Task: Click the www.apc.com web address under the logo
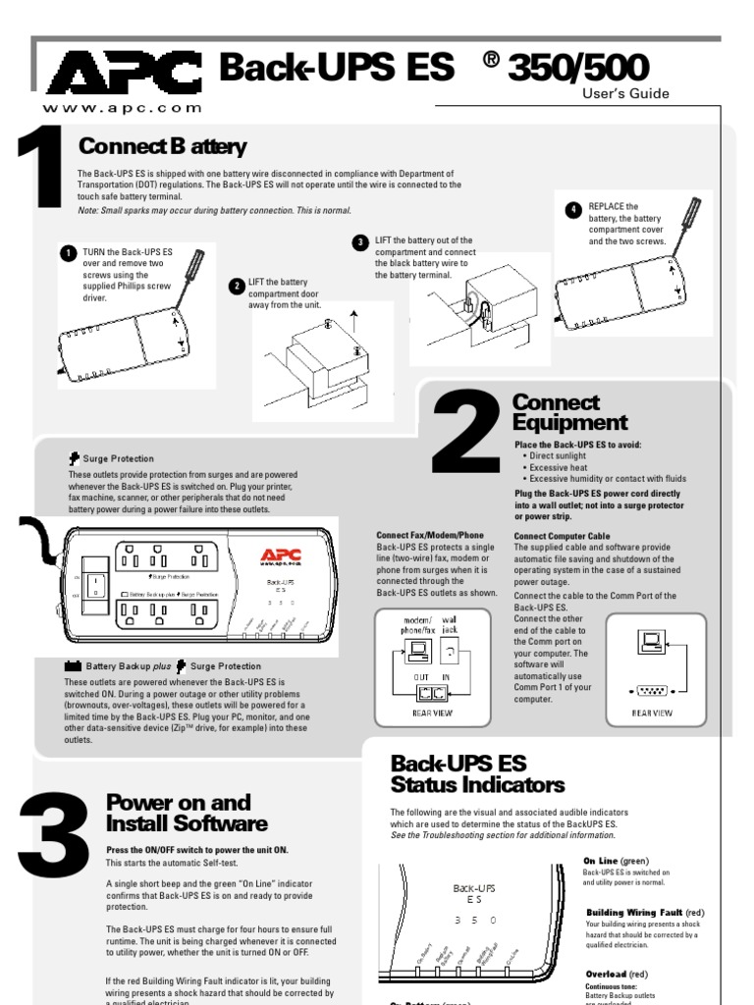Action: coord(123,108)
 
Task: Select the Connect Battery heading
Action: coord(162,147)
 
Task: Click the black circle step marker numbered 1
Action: coord(67,253)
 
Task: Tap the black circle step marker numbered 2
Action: coord(236,286)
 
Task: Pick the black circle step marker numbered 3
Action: coord(360,241)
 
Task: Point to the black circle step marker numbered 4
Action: coord(573,210)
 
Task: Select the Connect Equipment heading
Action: coord(569,413)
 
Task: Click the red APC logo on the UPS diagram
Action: coord(280,556)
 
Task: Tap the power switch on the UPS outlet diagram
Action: coord(93,586)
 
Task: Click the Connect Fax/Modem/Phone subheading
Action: coord(430,536)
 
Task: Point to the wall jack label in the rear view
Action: coord(449,624)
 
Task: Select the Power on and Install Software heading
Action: coord(186,813)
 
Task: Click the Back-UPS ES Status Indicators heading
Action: coord(477,773)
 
